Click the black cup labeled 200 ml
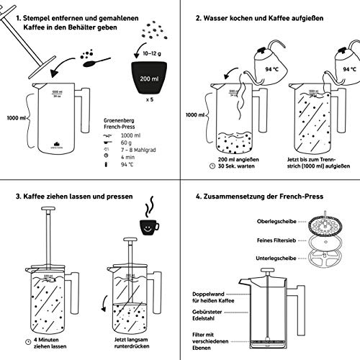pos(149,76)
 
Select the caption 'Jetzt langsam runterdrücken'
pos(130,338)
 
